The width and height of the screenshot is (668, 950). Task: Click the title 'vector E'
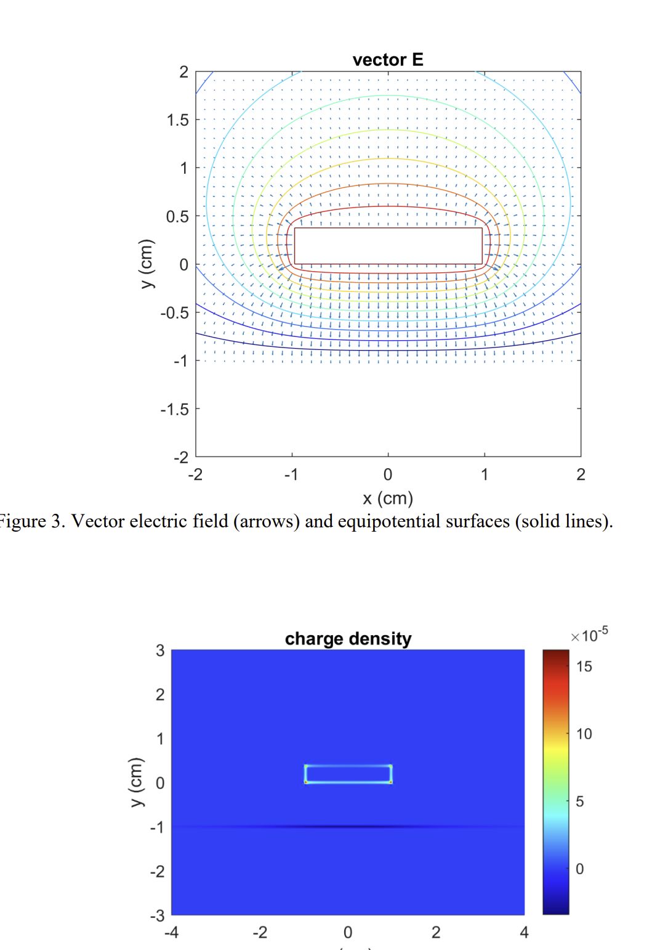pyautogui.click(x=388, y=60)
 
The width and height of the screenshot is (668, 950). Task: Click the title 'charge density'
pyautogui.click(x=348, y=639)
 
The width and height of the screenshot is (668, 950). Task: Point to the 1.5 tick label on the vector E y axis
pyautogui.click(x=177, y=120)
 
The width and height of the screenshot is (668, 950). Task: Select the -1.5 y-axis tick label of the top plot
pyautogui.click(x=175, y=410)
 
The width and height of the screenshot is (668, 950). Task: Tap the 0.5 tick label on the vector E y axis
pyautogui.click(x=177, y=217)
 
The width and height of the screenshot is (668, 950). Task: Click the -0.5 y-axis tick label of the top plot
pyautogui.click(x=175, y=313)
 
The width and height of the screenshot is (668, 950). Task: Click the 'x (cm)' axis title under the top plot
pyautogui.click(x=388, y=498)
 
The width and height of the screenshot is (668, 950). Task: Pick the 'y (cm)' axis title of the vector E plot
pyautogui.click(x=147, y=264)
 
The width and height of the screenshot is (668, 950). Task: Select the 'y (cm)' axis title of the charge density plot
pyautogui.click(x=137, y=782)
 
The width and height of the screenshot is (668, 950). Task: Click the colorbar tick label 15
pyautogui.click(x=584, y=667)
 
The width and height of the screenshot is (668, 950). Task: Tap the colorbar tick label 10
pyautogui.click(x=584, y=734)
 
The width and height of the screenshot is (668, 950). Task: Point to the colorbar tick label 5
pyautogui.click(x=580, y=802)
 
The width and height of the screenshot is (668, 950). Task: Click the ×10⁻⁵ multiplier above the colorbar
pyautogui.click(x=590, y=635)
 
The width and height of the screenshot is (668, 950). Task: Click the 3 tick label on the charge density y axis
pyautogui.click(x=160, y=651)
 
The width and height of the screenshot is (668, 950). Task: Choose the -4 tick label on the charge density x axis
pyautogui.click(x=171, y=933)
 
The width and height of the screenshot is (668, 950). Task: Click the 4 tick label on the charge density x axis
pyautogui.click(x=525, y=933)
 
